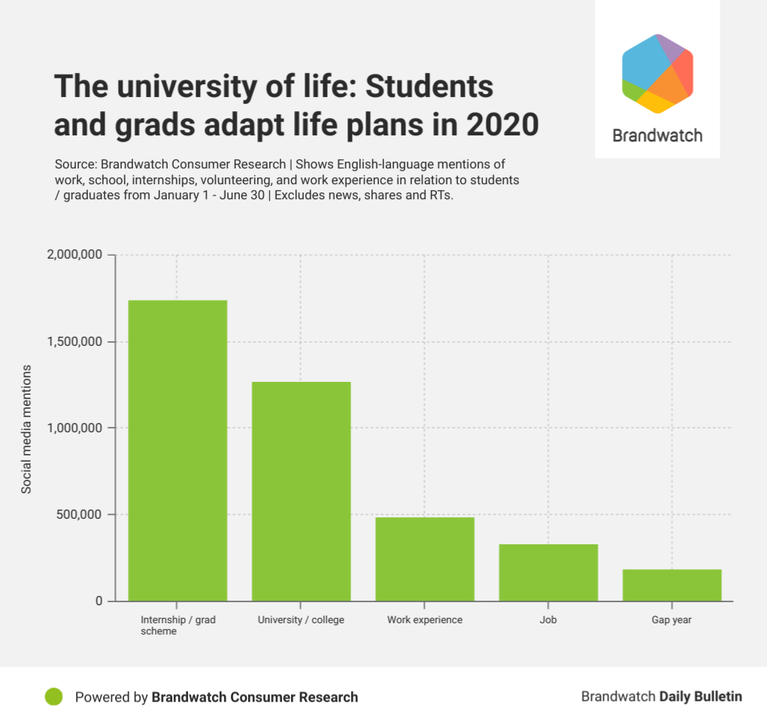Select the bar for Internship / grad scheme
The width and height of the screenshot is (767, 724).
pyautogui.click(x=177, y=450)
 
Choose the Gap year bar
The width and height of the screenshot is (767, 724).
pyautogui.click(x=672, y=585)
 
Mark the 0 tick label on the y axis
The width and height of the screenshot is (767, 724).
pyautogui.click(x=98, y=601)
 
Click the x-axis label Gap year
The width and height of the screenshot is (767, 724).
pyautogui.click(x=672, y=620)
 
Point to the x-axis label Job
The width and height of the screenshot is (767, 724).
pyautogui.click(x=548, y=620)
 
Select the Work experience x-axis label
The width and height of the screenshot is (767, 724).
pyautogui.click(x=425, y=620)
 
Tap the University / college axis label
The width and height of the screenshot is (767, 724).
pyautogui.click(x=301, y=620)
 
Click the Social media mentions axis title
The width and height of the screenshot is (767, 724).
pyautogui.click(x=26, y=429)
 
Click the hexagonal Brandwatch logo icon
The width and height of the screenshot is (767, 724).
pyautogui.click(x=657, y=74)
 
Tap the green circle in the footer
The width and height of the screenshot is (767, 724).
pyautogui.click(x=53, y=697)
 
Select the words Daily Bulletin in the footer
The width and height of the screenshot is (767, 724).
pyautogui.click(x=700, y=696)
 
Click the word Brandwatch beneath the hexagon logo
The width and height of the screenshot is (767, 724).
pyautogui.click(x=657, y=135)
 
